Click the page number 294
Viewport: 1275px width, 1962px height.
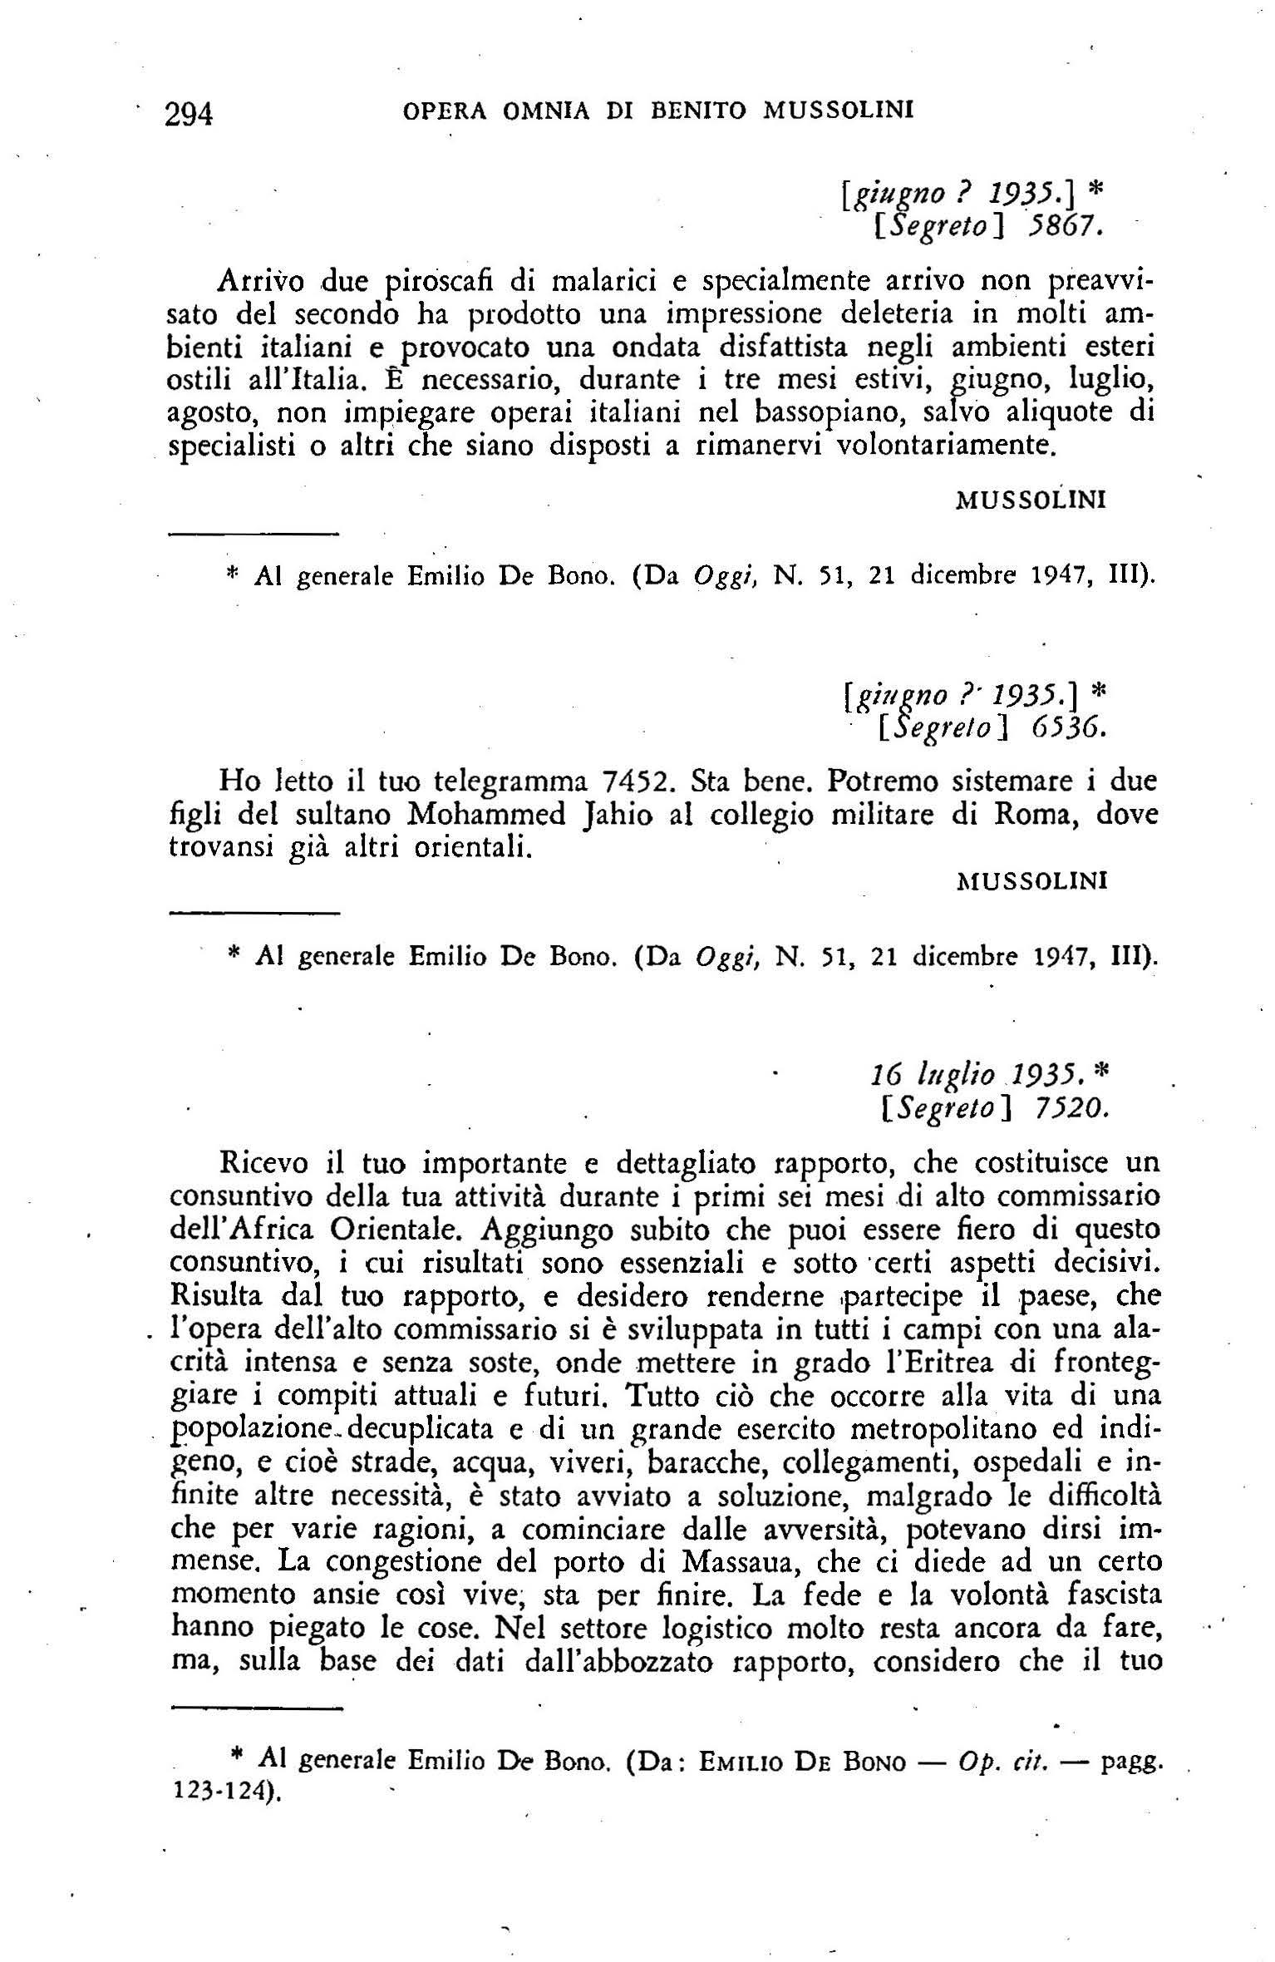(x=190, y=113)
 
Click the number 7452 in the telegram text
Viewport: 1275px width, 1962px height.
(x=619, y=781)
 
